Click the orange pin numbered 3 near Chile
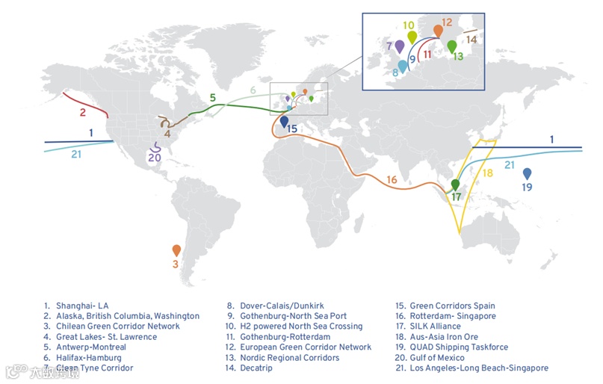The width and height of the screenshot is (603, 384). (x=176, y=251)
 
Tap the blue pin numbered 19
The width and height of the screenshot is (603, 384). (x=528, y=173)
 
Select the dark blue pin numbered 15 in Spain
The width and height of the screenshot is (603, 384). (x=284, y=121)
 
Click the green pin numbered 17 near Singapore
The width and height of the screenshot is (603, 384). (x=456, y=185)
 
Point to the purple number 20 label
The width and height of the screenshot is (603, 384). (x=155, y=158)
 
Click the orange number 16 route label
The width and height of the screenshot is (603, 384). (x=392, y=179)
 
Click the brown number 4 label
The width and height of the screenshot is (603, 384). (x=167, y=134)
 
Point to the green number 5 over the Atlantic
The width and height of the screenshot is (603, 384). (x=212, y=98)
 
